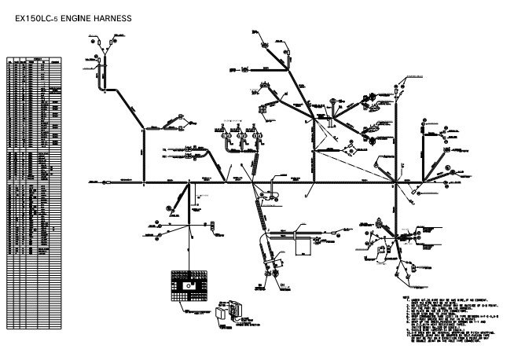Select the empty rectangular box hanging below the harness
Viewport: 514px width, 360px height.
pyautogui.click(x=303, y=246)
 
